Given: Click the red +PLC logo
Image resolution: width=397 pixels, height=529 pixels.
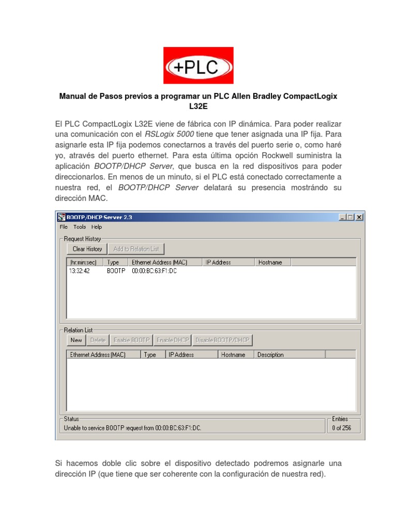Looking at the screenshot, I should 198,66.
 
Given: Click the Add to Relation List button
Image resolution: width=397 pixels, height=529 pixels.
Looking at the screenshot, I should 136,249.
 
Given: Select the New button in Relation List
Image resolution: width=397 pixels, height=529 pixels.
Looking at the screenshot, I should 76,340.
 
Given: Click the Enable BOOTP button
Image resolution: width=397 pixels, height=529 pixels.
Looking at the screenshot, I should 131,340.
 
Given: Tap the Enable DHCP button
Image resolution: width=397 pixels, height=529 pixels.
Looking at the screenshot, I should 173,340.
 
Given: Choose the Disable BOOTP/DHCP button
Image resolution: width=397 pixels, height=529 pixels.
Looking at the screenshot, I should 222,340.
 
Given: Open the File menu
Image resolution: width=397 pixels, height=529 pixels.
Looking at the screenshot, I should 64,227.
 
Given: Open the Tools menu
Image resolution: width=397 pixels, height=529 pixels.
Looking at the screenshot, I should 80,227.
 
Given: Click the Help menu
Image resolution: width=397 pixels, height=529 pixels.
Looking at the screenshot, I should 97,227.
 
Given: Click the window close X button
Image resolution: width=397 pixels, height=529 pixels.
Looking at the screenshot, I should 359,217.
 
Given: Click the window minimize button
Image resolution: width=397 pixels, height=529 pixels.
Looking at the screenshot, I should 343,217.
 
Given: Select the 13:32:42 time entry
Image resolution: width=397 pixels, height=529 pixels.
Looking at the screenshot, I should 80,271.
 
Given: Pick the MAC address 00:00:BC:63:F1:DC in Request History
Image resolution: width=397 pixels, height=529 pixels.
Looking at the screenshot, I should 154,271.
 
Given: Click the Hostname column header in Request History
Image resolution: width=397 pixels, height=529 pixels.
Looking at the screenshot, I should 270,262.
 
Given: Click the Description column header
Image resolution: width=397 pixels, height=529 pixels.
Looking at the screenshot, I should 270,355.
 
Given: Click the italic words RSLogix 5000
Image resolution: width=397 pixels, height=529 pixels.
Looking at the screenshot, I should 170,134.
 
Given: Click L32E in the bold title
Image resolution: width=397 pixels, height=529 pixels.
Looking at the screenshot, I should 198,107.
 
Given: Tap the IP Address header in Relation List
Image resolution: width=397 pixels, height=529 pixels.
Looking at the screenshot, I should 181,355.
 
